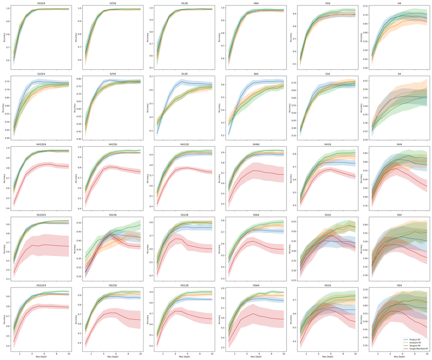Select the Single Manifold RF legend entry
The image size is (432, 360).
(x=418, y=349)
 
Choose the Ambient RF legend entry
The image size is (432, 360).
(x=415, y=342)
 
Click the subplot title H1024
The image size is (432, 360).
(x=41, y=3)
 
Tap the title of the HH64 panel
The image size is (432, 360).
(x=255, y=144)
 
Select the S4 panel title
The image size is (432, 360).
(x=399, y=73)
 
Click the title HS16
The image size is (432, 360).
(x=327, y=286)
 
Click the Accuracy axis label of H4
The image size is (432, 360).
(x=361, y=33)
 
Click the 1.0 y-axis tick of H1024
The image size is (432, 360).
(x=10, y=9)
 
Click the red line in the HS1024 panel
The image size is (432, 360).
(x=45, y=306)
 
